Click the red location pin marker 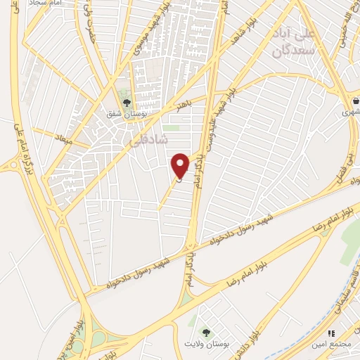pos(181,165)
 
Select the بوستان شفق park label pos(127,116)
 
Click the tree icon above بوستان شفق pos(127,104)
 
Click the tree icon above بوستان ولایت pos(206,333)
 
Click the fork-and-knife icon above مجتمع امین pos(330,333)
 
